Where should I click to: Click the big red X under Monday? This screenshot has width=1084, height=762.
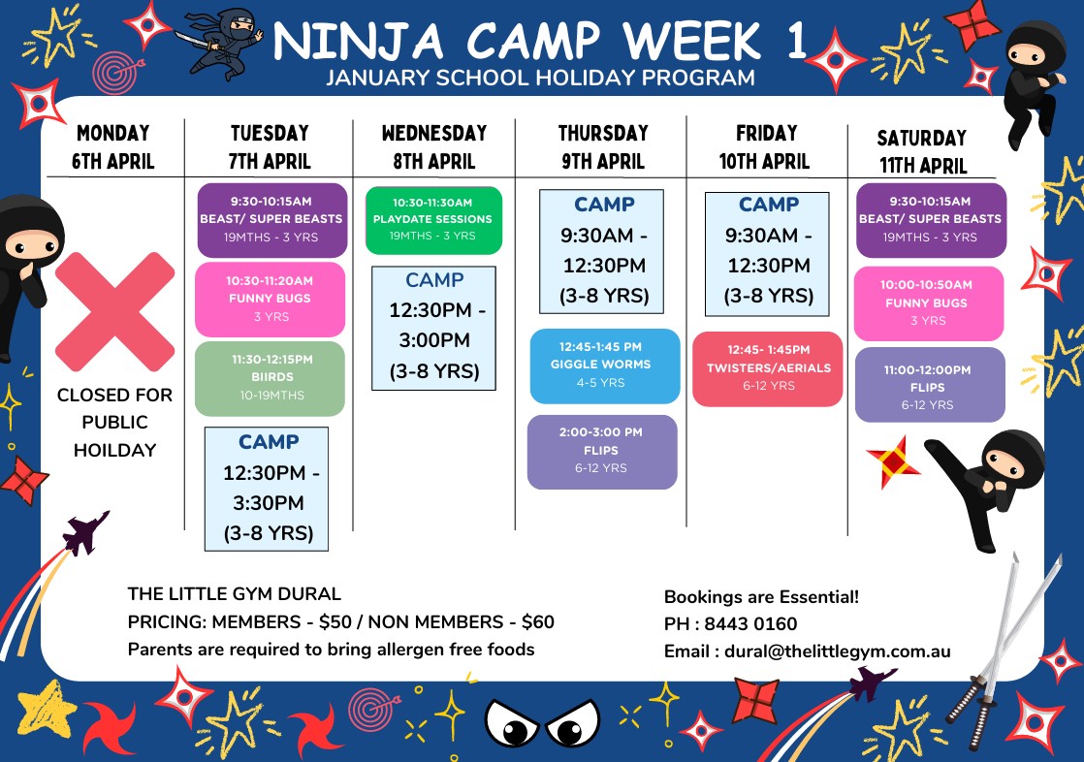114,312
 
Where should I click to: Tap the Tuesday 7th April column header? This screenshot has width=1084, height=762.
270,146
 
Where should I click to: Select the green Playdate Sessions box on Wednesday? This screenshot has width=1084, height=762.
433,220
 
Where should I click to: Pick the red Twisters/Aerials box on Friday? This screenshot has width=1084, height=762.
767,368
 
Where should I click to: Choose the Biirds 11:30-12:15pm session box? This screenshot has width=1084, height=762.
270,378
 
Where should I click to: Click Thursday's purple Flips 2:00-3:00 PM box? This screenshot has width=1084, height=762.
602,452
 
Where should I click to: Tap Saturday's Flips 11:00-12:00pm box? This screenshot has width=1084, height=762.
930,385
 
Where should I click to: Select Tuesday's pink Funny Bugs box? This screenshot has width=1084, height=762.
270,299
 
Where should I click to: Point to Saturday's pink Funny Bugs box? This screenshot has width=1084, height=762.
929,303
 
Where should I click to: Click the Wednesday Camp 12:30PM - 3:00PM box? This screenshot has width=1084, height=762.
433,329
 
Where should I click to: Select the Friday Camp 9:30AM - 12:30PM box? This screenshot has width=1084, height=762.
767,254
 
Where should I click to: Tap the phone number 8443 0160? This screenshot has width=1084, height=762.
750,623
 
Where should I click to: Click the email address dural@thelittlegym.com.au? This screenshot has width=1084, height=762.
837,651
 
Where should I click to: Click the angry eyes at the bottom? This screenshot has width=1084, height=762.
543,723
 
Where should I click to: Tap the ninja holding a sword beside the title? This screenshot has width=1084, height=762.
221,43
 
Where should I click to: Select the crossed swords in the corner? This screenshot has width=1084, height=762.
1003,650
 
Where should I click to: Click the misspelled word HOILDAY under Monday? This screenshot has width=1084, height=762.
114,450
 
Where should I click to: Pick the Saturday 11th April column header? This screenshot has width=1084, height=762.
922,151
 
